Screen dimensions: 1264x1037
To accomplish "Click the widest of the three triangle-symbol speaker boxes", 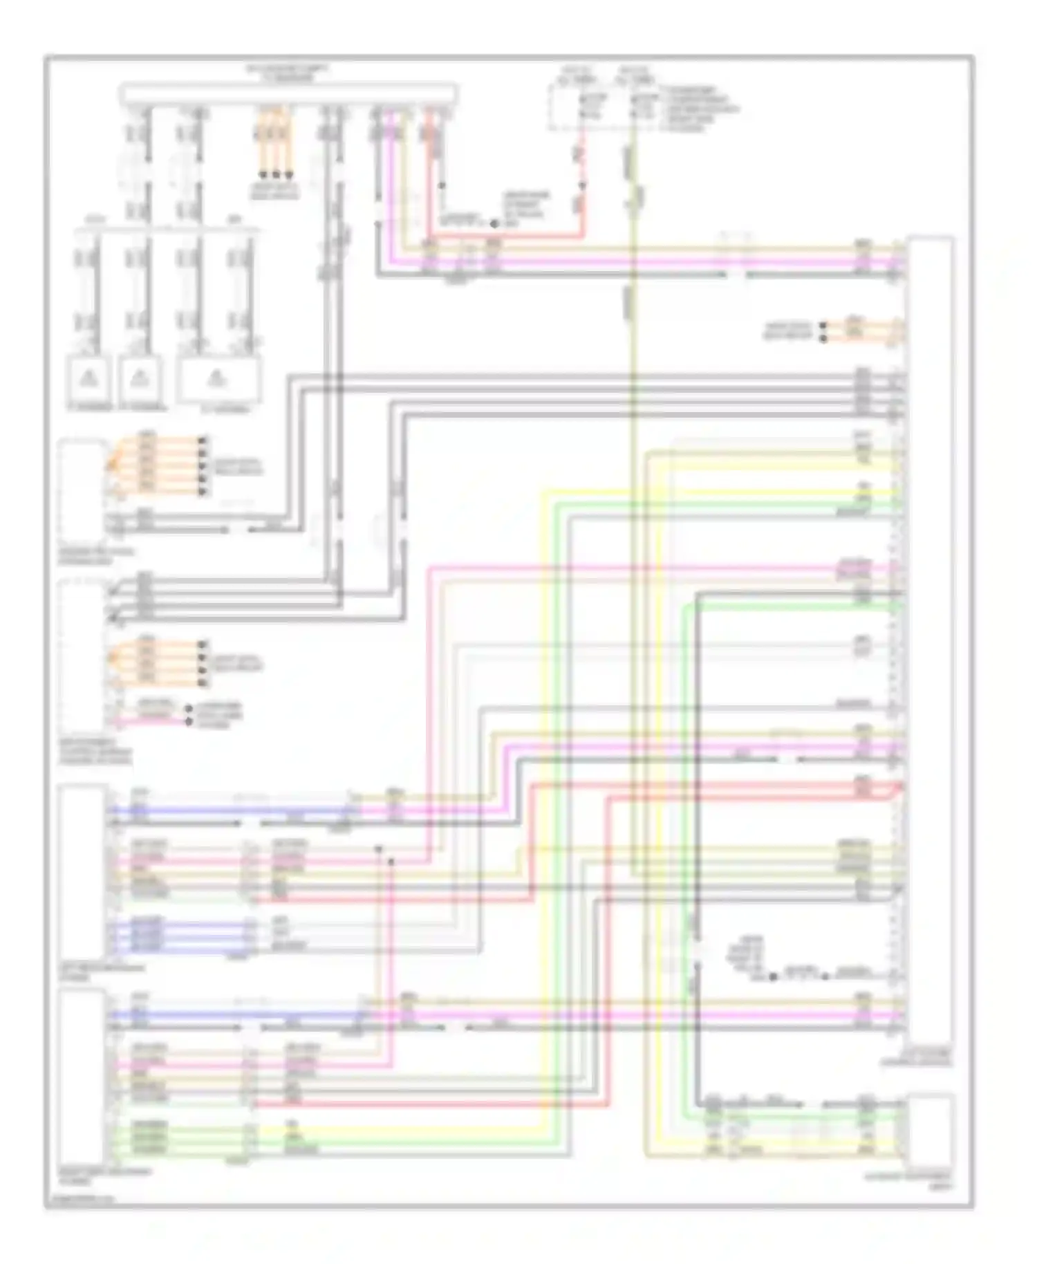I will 218,379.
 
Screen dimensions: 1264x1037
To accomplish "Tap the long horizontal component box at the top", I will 288,94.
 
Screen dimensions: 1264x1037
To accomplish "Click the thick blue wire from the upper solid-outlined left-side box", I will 228,810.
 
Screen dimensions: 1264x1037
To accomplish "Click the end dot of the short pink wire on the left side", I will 188,721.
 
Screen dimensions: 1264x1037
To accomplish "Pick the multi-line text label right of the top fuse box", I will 698,109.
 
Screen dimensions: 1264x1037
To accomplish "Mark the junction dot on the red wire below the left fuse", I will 581,186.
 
